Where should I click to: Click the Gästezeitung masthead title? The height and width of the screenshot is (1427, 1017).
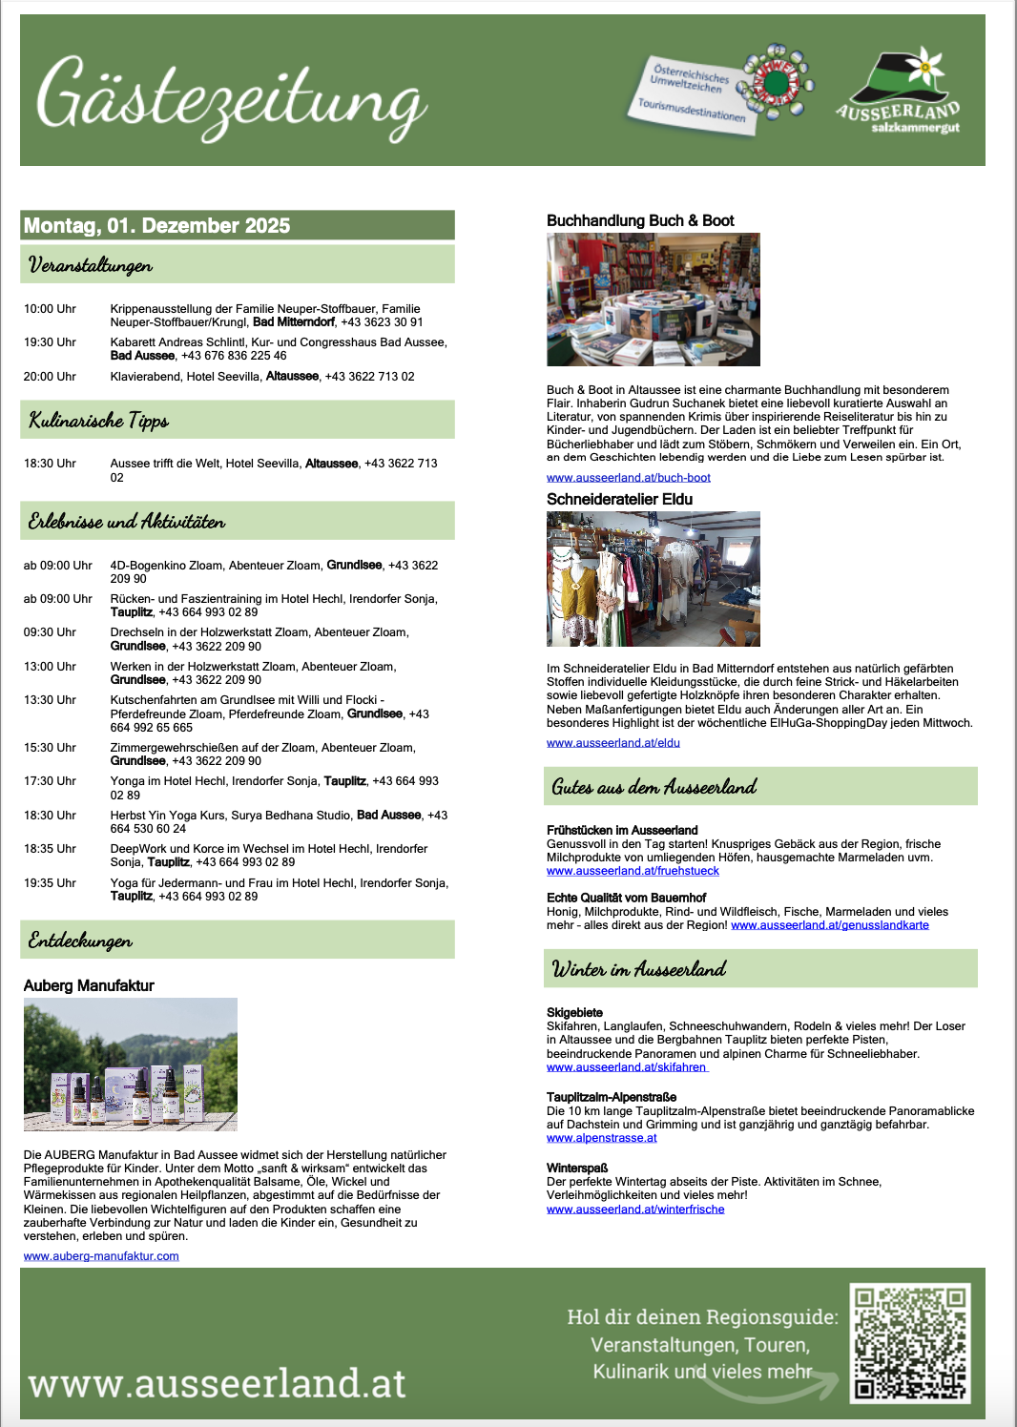point(232,101)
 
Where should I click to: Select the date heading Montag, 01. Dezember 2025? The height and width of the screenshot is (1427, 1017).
point(157,226)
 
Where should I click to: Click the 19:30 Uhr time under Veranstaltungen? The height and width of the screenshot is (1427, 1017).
point(50,342)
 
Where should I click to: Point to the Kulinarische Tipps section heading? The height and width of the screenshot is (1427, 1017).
point(99,421)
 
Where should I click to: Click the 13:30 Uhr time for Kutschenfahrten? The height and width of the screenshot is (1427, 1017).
point(50,700)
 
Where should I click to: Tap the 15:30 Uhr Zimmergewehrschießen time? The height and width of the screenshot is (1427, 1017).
point(50,748)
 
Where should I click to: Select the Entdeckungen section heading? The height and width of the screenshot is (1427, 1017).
point(81,941)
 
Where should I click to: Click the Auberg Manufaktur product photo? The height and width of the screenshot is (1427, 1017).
point(131,1065)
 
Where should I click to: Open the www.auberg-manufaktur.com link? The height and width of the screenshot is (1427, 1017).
point(101,1256)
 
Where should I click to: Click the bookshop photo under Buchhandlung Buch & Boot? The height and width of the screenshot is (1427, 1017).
point(654,300)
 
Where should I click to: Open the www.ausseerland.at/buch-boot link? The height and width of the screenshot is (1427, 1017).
point(629,478)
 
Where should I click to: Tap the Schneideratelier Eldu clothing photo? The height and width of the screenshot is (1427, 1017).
point(654,579)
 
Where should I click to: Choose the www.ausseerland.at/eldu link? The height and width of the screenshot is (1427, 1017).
point(613,743)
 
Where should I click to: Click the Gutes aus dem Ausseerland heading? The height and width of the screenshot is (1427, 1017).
point(654,787)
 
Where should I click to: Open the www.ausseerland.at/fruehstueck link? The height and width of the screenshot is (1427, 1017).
point(633,871)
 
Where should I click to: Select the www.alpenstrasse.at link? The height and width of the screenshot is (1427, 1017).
point(602,1138)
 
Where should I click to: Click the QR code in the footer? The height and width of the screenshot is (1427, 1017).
point(910,1343)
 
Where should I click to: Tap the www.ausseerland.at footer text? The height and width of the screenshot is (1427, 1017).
point(218,1383)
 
